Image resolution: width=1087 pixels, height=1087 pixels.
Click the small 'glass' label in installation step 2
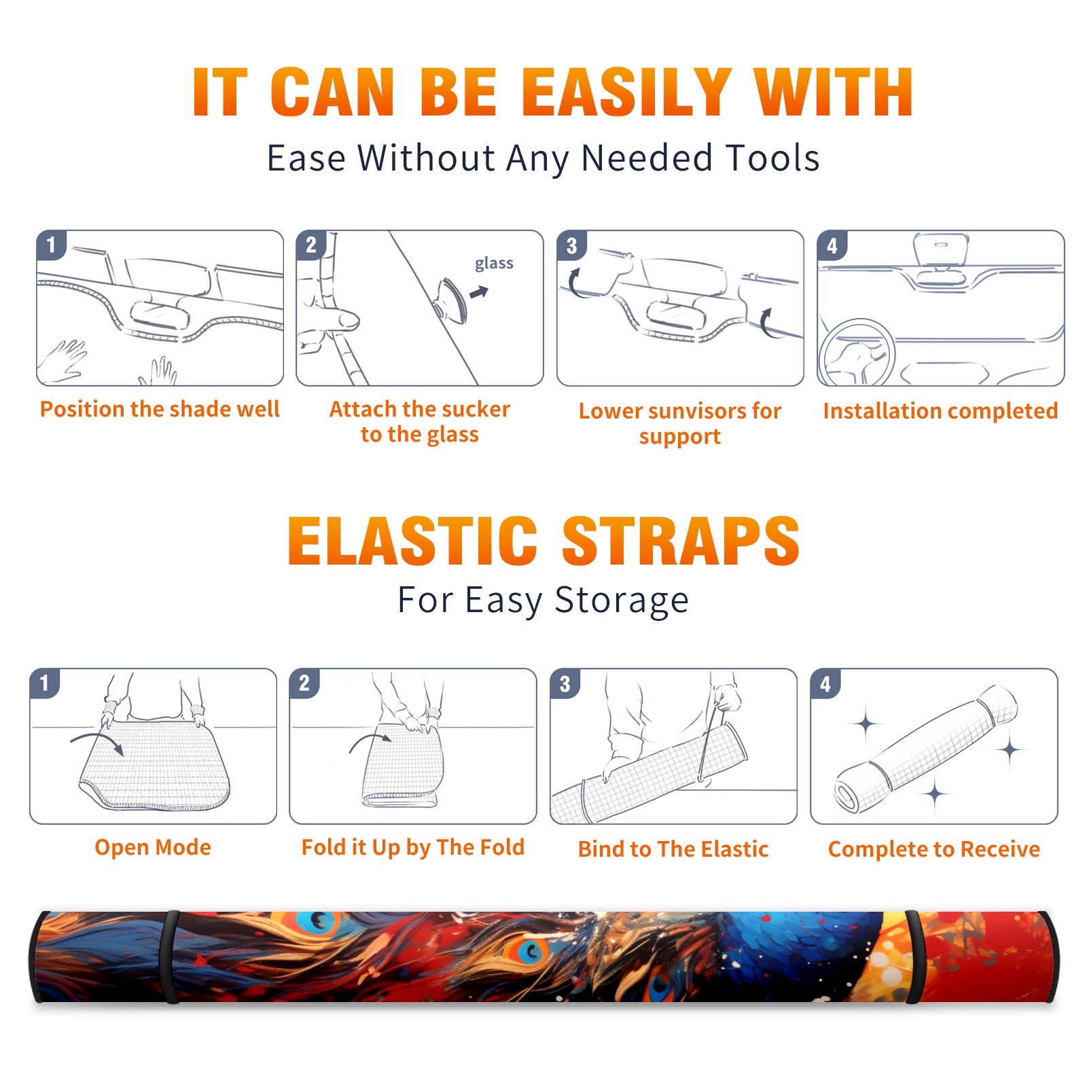494,264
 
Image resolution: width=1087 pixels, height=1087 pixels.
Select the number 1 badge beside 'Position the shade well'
51,245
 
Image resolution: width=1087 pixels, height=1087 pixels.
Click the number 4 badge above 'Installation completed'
832,245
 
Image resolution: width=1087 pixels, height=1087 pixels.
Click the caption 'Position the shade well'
160,409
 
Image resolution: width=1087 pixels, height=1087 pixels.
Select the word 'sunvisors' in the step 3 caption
690,411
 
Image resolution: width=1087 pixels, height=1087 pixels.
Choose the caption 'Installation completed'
940,411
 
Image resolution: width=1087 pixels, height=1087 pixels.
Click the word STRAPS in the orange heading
681,541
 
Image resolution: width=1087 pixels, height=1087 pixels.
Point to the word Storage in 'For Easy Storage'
622,601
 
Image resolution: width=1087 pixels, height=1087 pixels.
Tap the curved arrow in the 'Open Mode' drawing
97,741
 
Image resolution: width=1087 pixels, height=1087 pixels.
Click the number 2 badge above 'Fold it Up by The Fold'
304,683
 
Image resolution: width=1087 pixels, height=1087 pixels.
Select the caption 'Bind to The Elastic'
673,849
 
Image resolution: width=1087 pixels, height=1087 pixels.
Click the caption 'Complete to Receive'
934,849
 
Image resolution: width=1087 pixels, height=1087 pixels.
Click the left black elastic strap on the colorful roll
170,957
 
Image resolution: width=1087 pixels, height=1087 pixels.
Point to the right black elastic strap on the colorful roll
912,957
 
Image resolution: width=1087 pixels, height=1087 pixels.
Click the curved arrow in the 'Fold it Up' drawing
369,739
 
